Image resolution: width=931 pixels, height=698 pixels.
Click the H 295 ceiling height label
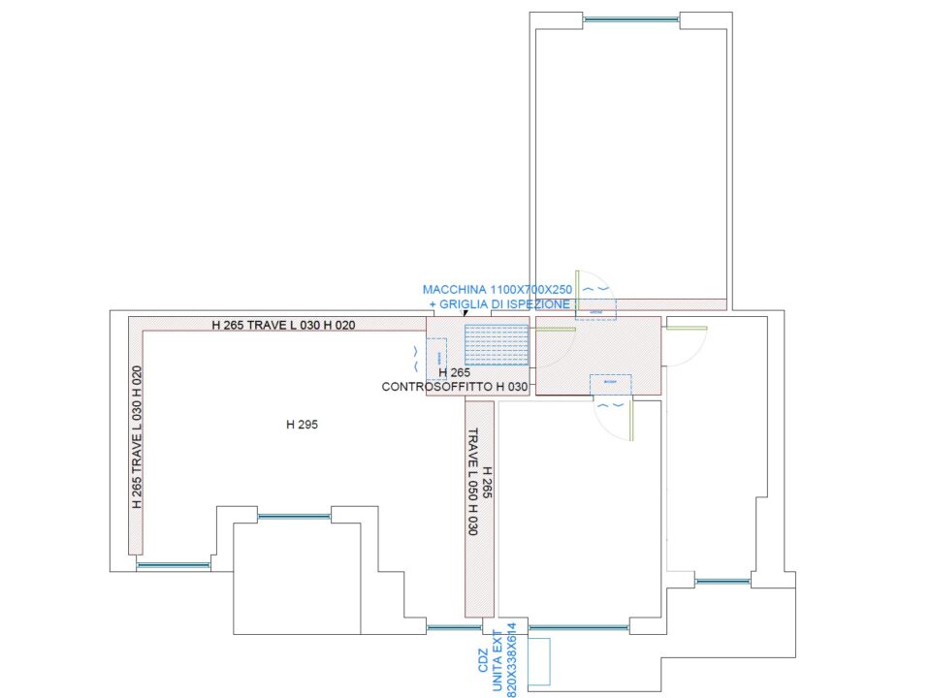point(302,425)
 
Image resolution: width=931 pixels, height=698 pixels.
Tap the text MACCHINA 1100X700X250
point(498,290)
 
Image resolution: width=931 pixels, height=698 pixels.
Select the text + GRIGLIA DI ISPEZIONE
point(499,303)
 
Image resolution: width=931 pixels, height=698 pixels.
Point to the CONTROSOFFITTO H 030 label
point(454,387)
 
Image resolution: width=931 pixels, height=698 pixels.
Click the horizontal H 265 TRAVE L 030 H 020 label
point(283,325)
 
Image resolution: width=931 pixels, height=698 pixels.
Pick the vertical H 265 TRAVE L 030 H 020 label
point(137,437)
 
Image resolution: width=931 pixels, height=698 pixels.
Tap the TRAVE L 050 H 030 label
point(473,482)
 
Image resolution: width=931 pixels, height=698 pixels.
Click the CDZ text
point(483,660)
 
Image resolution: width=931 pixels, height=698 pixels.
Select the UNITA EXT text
point(498,660)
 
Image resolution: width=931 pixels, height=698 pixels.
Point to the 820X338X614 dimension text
point(512,659)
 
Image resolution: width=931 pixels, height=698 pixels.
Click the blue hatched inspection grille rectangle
point(497,345)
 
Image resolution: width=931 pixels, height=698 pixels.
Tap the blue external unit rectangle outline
point(539,662)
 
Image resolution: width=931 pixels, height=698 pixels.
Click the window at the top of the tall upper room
point(630,19)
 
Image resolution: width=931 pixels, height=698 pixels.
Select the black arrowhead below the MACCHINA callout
point(465,313)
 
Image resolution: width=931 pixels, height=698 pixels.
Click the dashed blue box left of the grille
point(436,359)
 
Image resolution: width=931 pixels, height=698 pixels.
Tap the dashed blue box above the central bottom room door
point(610,384)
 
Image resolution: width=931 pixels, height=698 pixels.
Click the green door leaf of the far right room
point(687,328)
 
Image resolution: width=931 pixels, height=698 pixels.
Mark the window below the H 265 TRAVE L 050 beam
point(454,627)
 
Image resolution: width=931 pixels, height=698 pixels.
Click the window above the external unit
point(578,627)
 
